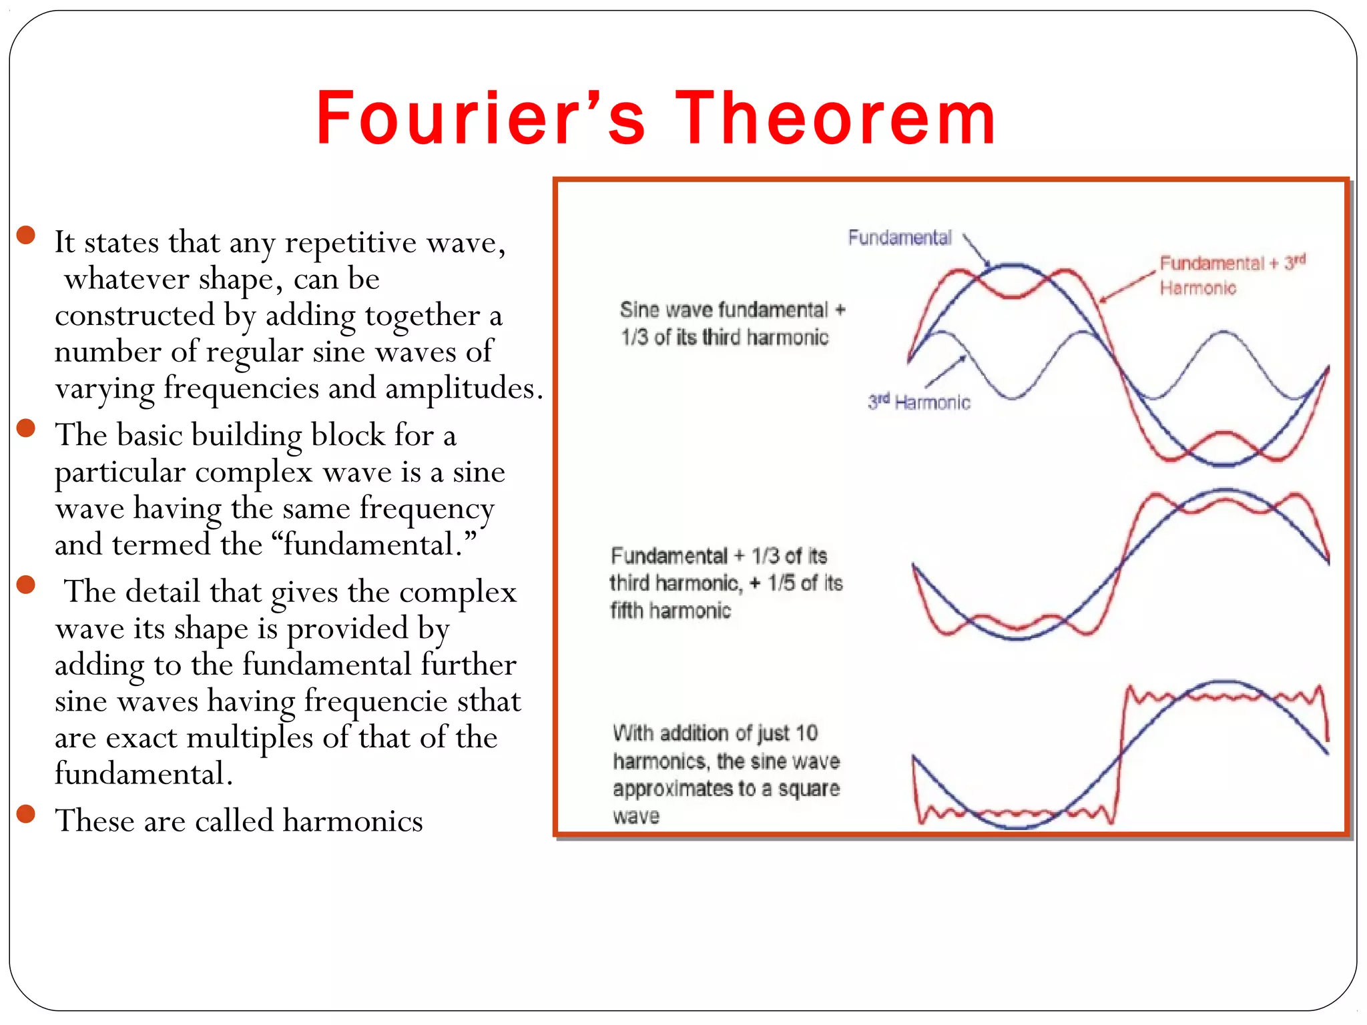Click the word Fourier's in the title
point(481,119)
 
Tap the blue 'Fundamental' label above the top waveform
point(900,238)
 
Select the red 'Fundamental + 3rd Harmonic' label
point(1232,275)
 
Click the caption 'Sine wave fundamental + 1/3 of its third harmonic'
point(732,324)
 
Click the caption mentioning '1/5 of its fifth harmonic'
point(726,583)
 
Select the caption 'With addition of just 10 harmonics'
point(726,774)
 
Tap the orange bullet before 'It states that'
point(26,235)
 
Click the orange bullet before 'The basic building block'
point(26,428)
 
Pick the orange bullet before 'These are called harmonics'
point(26,813)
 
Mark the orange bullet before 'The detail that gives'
point(26,585)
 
